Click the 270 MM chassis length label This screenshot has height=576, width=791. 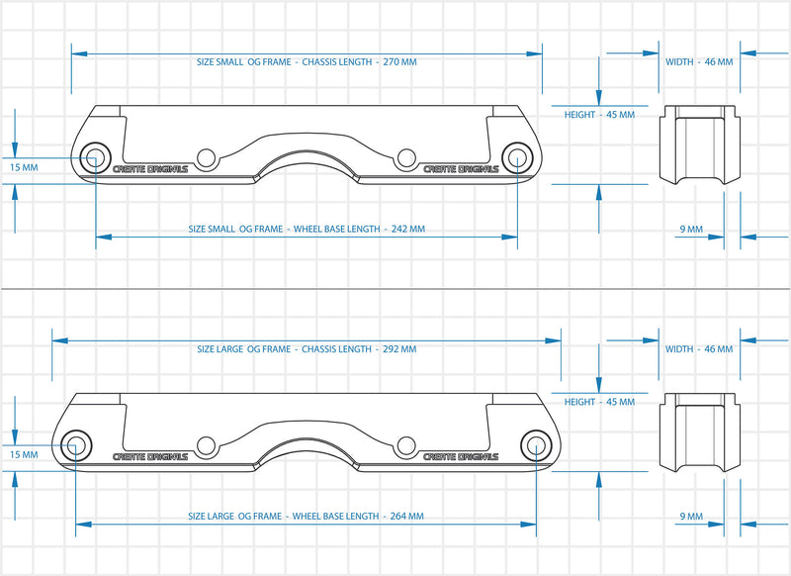(x=307, y=61)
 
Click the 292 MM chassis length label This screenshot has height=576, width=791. (x=307, y=348)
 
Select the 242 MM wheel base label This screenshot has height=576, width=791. (x=307, y=229)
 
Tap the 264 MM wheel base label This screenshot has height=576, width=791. (x=307, y=516)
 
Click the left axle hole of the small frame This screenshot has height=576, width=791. (x=96, y=156)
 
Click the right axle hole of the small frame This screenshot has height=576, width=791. (x=516, y=156)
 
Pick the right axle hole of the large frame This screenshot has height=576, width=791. (x=536, y=444)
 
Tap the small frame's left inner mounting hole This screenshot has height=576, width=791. (x=206, y=157)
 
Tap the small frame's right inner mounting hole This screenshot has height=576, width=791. (x=405, y=157)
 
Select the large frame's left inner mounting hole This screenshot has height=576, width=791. (x=206, y=445)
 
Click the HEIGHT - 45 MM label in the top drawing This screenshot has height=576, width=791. (x=599, y=115)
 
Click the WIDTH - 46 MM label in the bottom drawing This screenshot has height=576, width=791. (x=699, y=349)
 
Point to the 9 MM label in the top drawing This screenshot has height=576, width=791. (x=691, y=230)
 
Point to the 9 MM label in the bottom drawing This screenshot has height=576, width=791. (x=691, y=517)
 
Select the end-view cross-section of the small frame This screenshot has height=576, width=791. (x=700, y=144)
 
